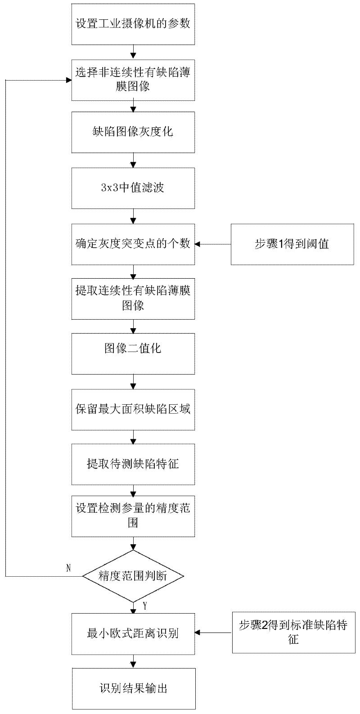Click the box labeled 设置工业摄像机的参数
tap(133, 24)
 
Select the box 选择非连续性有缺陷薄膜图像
tap(133, 80)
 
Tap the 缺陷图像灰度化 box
tap(133, 132)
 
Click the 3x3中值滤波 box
tap(133, 188)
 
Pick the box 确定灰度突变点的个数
tap(133, 244)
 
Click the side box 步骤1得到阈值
tap(292, 244)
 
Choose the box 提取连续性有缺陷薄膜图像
tap(133, 299)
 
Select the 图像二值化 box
tap(133, 354)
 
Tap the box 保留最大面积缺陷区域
tap(133, 410)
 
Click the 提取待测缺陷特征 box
tap(133, 465)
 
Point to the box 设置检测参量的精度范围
tap(133, 516)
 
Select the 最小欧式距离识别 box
tap(133, 633)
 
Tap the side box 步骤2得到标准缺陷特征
tap(293, 633)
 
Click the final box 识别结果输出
tap(134, 689)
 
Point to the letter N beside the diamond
tap(68, 568)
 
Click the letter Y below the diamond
tap(145, 606)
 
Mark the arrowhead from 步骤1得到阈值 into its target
tap(198, 244)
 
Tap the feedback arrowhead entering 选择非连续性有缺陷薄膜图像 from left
tap(68, 80)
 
